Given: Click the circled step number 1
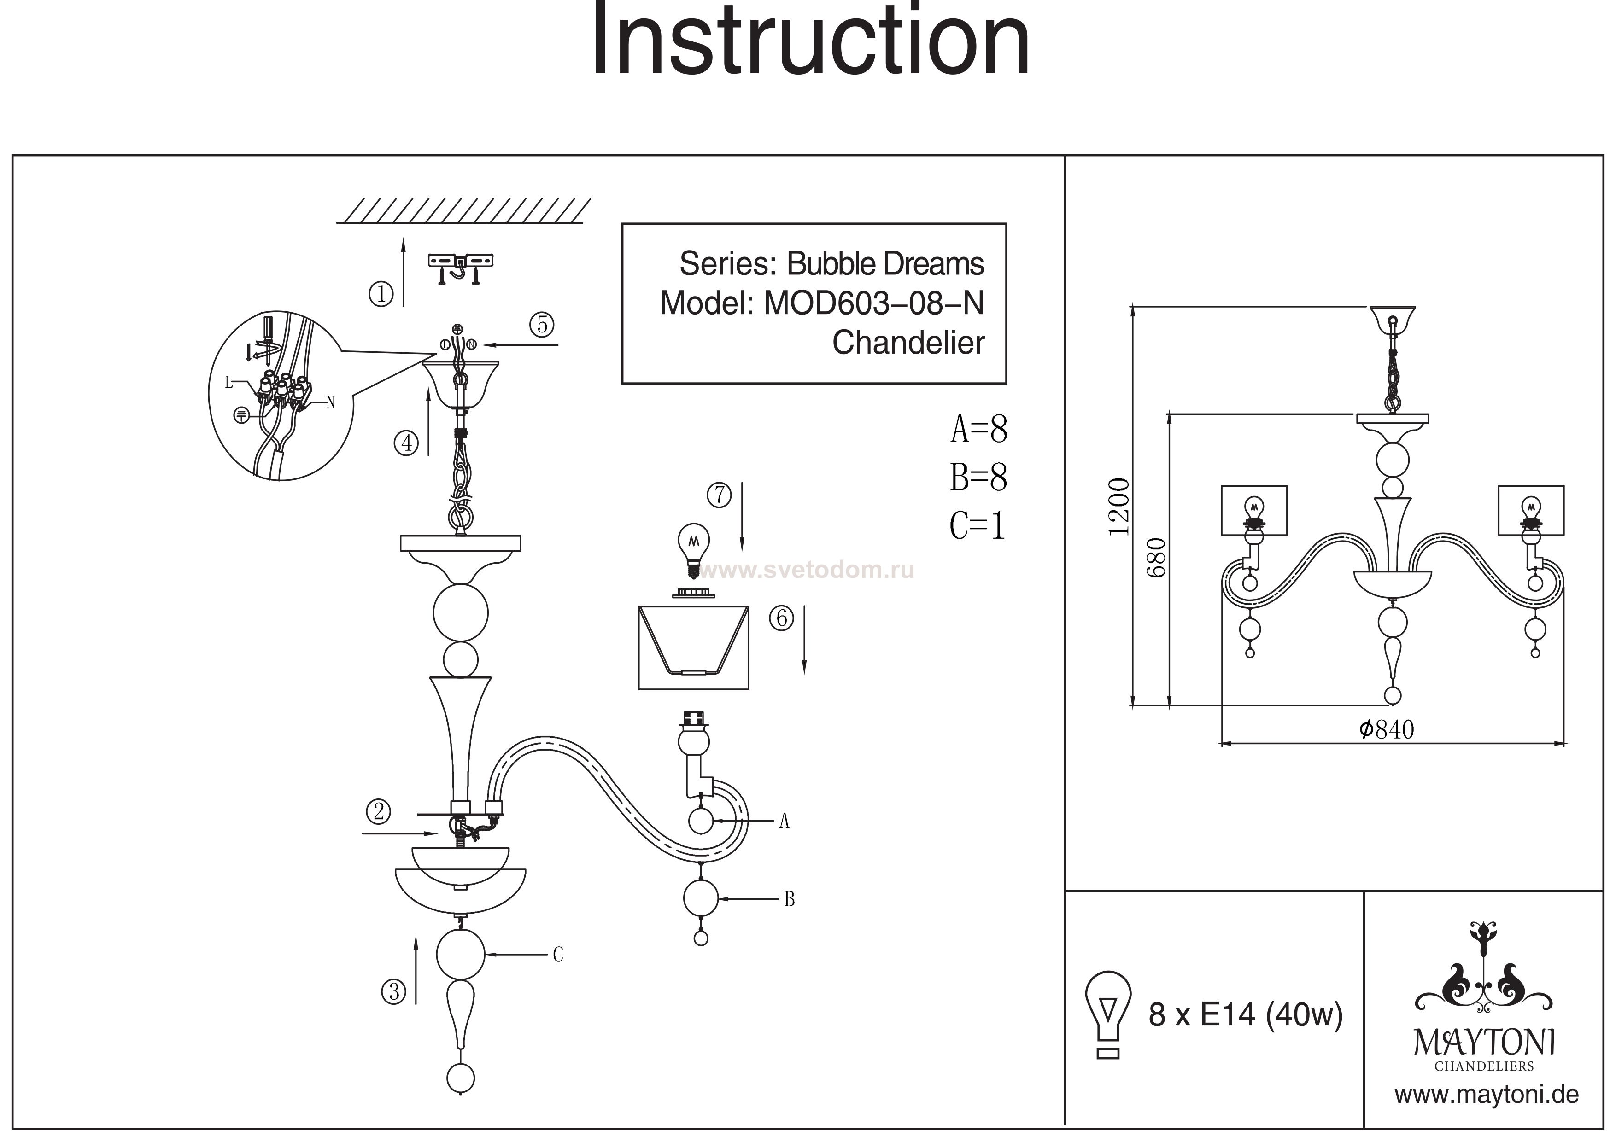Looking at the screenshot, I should [381, 293].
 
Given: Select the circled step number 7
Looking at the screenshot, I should [719, 495].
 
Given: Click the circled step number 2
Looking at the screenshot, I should [378, 811].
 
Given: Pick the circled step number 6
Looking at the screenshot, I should [781, 618].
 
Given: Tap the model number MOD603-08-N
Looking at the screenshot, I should [873, 303].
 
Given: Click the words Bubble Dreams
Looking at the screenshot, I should [885, 264].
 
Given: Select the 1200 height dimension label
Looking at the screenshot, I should [1118, 507].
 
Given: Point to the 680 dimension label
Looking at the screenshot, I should [1156, 557].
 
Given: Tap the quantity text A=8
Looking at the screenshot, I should [978, 429].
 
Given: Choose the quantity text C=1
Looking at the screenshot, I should [977, 525].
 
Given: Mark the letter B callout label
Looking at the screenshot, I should [789, 899].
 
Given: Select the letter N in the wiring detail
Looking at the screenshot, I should [330, 402].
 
